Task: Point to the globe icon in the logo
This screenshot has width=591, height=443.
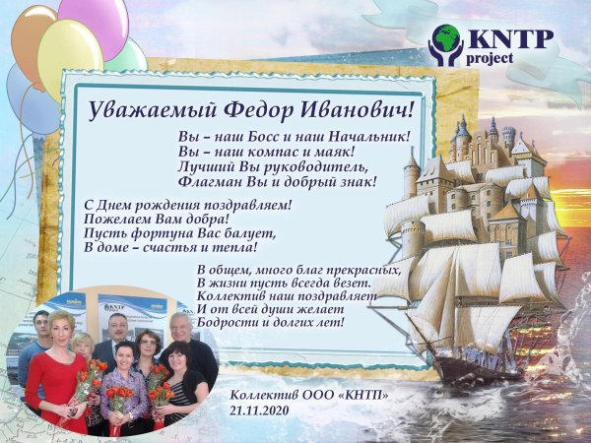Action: tap(448, 39)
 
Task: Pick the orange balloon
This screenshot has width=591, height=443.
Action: tap(32, 39)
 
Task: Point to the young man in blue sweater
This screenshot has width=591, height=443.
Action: tap(37, 340)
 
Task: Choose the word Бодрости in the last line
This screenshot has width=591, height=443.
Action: tap(230, 323)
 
